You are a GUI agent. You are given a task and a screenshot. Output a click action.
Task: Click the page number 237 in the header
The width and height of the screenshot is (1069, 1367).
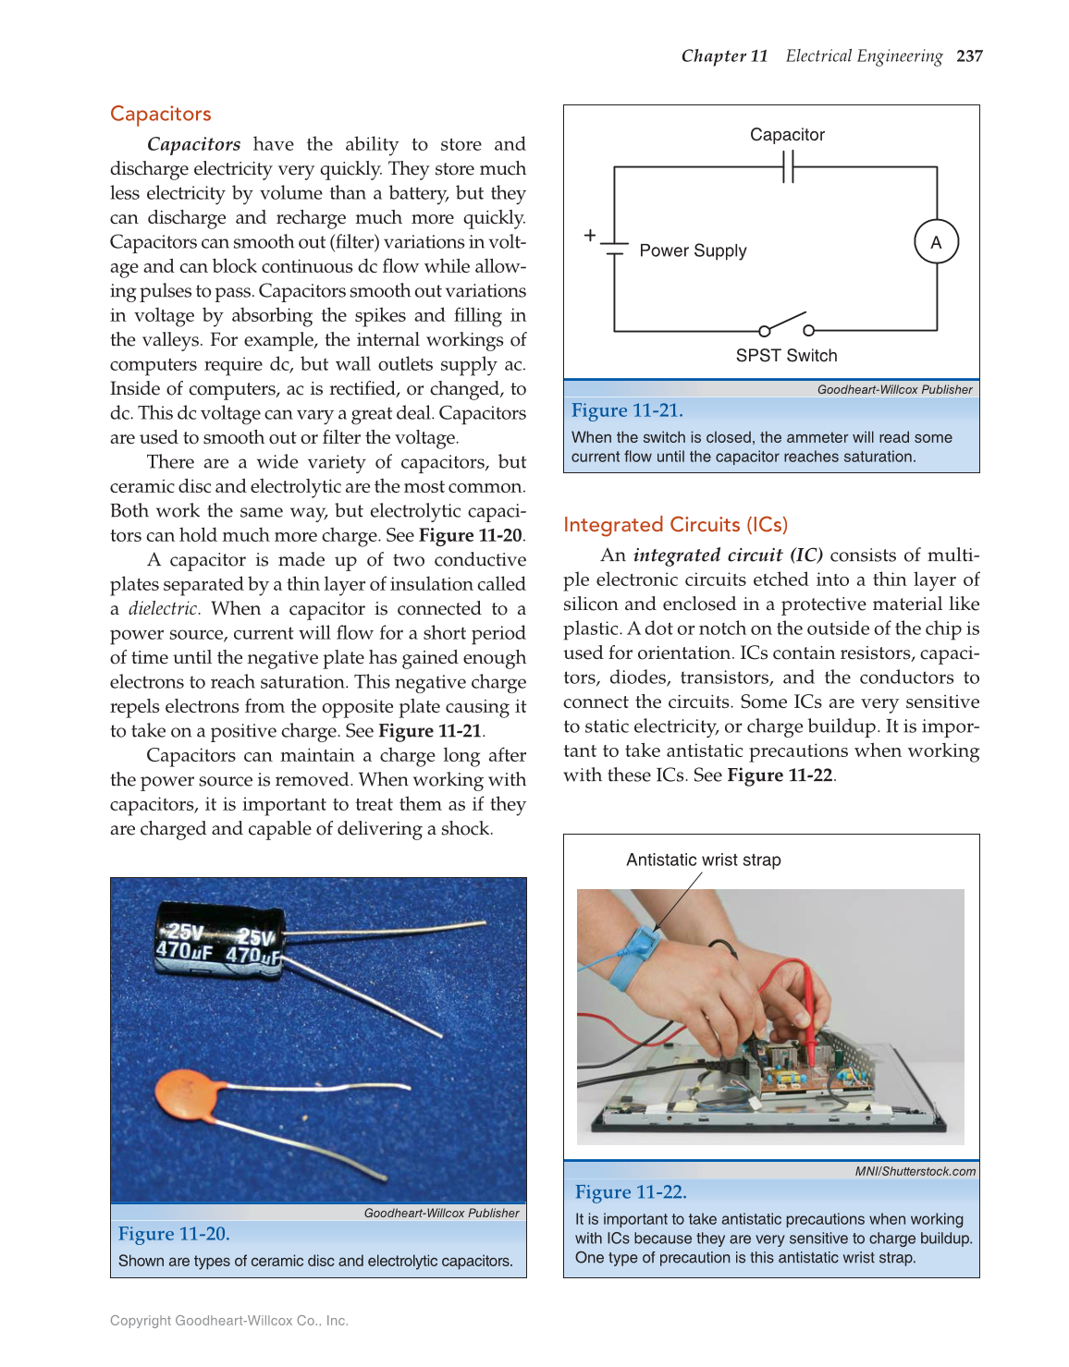pos(969,56)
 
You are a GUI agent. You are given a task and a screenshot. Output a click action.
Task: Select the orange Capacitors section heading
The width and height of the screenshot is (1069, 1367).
pos(160,114)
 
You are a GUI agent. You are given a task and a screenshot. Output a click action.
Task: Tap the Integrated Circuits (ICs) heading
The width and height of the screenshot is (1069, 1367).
pos(675,525)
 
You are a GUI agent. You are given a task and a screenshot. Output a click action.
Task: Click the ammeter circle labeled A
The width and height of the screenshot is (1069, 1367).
pos(936,242)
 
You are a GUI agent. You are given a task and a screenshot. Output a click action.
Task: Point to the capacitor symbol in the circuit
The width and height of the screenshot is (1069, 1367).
pos(788,167)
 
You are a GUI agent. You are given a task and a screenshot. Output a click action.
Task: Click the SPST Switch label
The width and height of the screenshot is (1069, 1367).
pos(786,356)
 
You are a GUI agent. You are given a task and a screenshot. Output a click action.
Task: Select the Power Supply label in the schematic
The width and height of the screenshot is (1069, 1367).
pos(693,250)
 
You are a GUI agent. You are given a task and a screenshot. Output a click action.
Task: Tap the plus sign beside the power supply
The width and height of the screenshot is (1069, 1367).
pos(590,236)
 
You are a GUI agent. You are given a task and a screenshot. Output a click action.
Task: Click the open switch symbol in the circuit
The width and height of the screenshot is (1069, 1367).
pos(785,324)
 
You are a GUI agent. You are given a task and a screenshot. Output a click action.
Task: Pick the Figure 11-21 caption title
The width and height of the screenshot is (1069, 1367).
pos(627,410)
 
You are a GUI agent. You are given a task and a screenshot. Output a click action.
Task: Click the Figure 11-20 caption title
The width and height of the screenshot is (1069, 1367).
pos(174,1234)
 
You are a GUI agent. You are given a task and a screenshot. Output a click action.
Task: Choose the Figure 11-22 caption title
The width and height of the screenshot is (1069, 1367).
pos(631,1192)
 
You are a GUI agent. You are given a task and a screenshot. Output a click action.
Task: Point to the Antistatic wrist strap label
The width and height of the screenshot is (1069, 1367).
pos(703,860)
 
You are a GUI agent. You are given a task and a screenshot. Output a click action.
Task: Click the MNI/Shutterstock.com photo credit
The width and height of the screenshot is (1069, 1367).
pos(915,1171)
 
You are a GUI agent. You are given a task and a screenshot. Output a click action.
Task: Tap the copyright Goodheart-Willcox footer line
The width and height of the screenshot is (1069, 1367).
pos(228,1321)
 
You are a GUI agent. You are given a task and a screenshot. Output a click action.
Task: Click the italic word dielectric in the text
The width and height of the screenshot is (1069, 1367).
pos(164,609)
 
